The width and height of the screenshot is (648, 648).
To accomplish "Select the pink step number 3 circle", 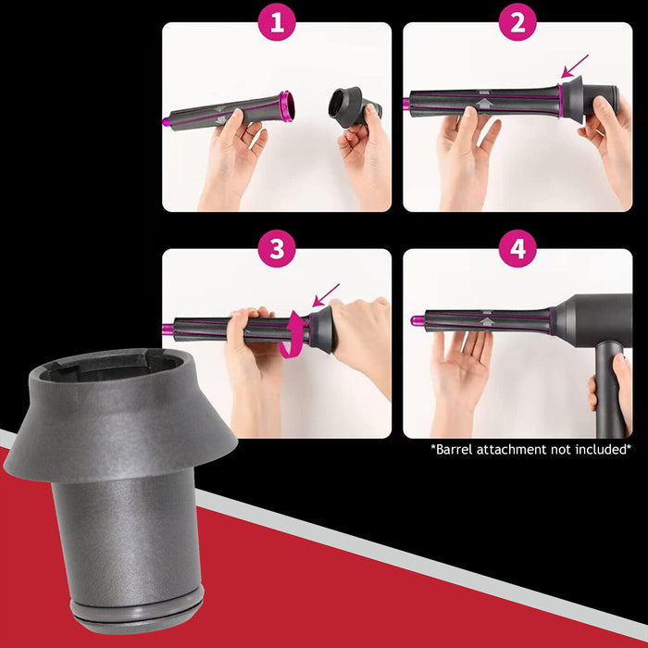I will click(x=276, y=249).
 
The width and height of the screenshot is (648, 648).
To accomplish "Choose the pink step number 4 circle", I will click(x=517, y=249).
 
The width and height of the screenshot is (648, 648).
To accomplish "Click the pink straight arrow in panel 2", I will click(x=575, y=66).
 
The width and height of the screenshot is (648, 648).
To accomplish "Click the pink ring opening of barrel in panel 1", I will click(x=286, y=107).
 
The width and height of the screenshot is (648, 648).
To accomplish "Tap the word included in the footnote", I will click(x=600, y=449).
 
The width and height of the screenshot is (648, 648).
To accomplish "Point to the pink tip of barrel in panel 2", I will click(x=406, y=103).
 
